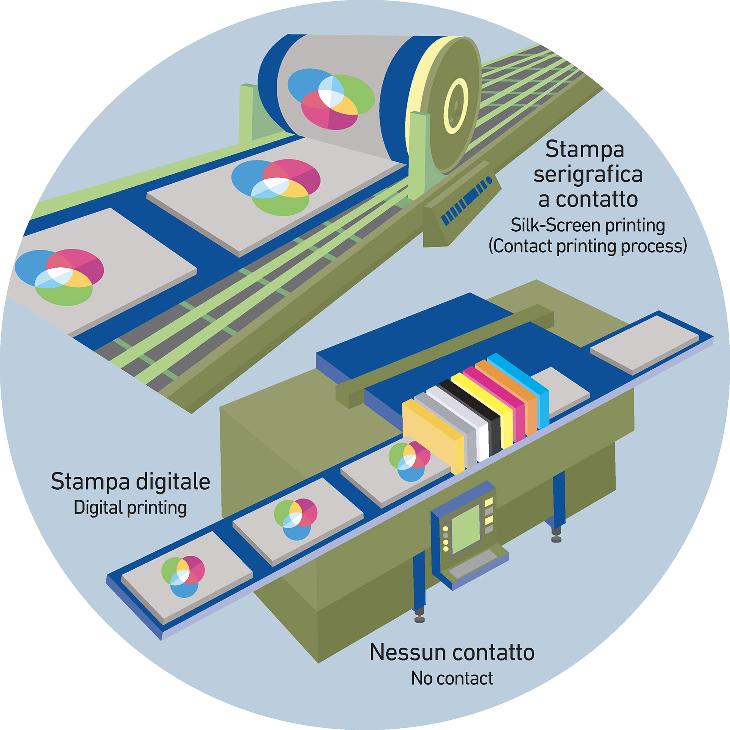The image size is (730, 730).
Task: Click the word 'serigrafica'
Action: (x=588, y=175)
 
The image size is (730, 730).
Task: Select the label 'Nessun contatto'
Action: (x=452, y=652)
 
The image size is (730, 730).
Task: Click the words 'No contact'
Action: (x=452, y=679)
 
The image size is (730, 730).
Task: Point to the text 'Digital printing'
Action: (x=130, y=508)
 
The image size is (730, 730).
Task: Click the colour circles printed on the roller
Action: (x=330, y=99)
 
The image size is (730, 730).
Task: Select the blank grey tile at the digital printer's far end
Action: (x=644, y=344)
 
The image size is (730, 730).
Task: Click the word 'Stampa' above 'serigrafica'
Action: (x=584, y=149)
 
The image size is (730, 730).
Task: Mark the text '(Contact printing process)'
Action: (x=588, y=246)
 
